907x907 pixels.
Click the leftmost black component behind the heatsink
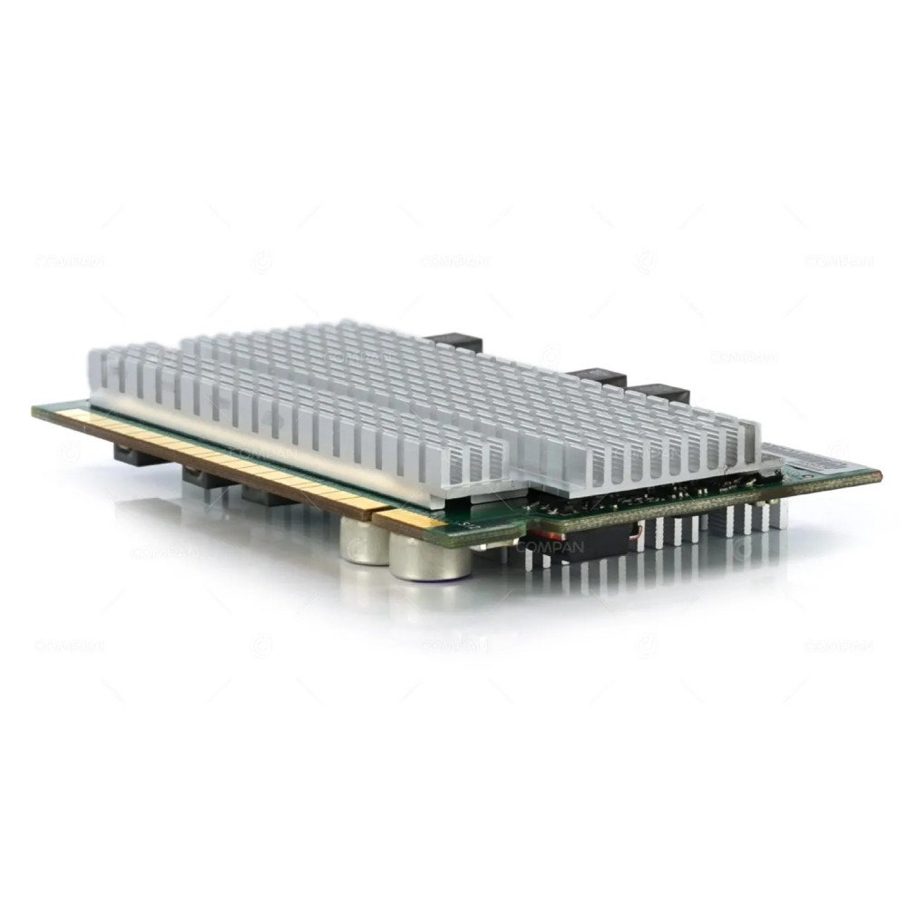point(453,341)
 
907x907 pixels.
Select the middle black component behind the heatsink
point(598,375)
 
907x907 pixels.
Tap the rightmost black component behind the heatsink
point(659,393)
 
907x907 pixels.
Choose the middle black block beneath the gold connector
point(207,478)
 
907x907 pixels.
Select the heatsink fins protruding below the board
point(707,531)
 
